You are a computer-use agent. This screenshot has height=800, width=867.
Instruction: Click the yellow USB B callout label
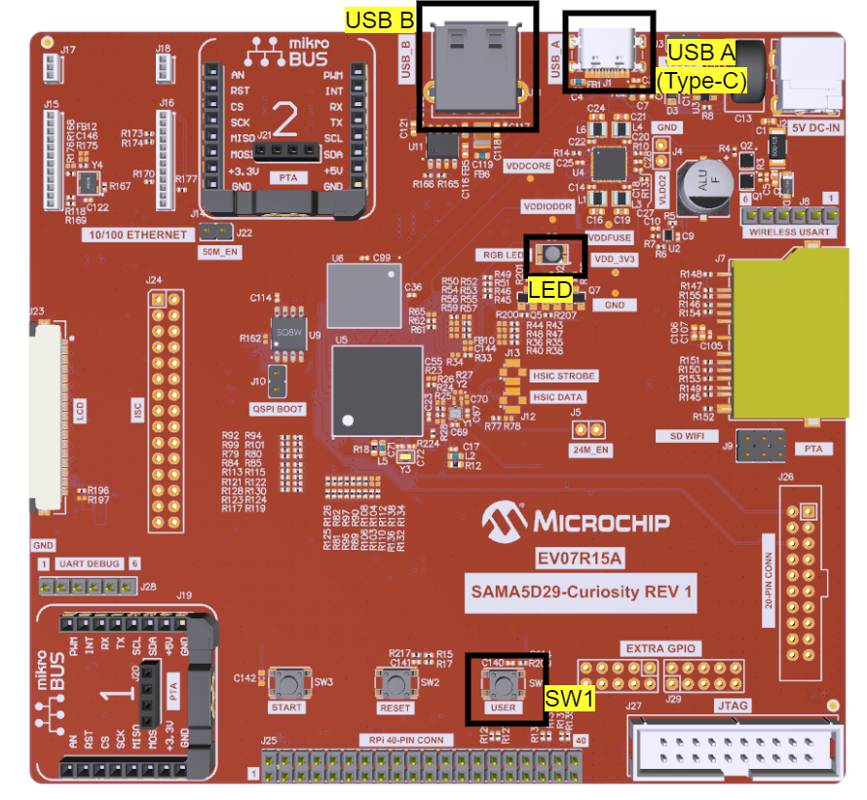(x=380, y=19)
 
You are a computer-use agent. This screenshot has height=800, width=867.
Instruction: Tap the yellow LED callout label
(x=549, y=289)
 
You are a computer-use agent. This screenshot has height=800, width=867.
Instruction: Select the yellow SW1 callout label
(x=569, y=698)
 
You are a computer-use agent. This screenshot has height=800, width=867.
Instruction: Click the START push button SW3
(x=287, y=682)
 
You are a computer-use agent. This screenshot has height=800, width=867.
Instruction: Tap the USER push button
(x=504, y=682)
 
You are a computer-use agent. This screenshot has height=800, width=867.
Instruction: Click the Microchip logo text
(x=578, y=522)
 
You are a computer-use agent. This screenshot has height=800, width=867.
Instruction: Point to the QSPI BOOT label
(x=278, y=409)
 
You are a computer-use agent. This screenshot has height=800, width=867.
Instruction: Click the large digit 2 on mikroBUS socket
(x=285, y=119)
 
